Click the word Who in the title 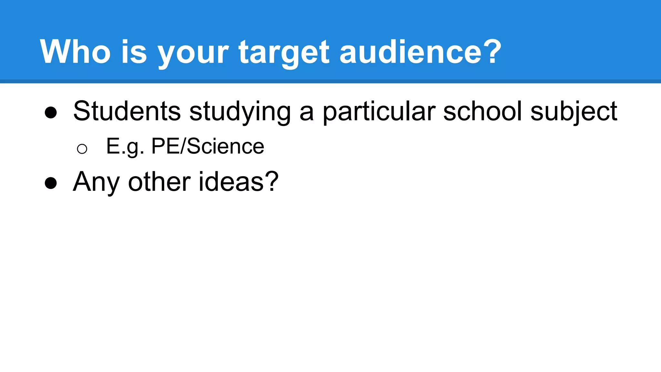point(75,52)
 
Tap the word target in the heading point(284,52)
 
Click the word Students point(127,111)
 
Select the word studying point(240,112)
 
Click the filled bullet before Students point(51,113)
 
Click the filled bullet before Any point(51,183)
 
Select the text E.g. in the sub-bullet point(125,147)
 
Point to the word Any point(96,182)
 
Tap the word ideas point(231,182)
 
